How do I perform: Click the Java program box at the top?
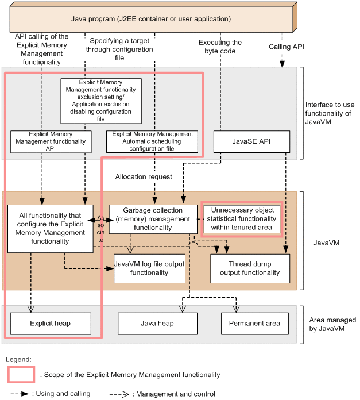(x=150, y=19)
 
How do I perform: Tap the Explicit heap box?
(x=51, y=324)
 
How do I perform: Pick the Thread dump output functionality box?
(x=250, y=268)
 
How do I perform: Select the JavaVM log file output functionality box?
(x=149, y=268)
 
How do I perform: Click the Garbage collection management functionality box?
(x=149, y=219)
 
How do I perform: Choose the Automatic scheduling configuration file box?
(x=152, y=141)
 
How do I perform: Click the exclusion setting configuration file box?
(x=100, y=101)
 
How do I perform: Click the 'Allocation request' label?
(x=144, y=176)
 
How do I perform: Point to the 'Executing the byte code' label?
(x=220, y=47)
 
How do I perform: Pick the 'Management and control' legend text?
(x=176, y=394)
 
